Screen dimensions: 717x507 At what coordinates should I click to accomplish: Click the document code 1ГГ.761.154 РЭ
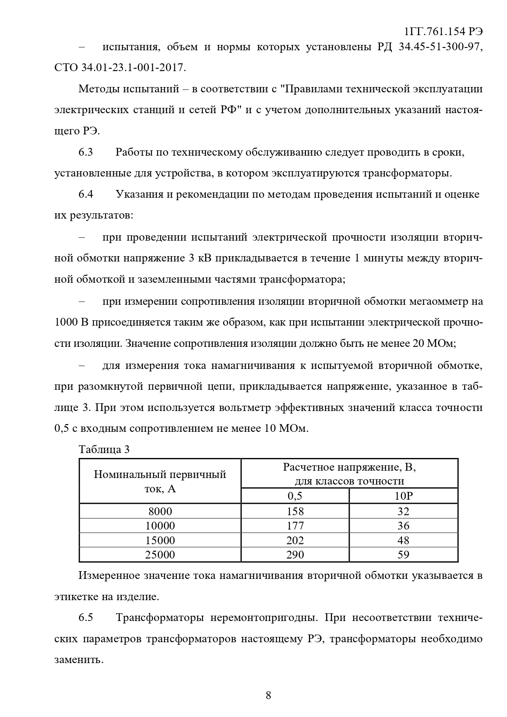(443, 32)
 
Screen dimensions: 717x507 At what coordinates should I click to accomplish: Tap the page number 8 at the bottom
(268, 695)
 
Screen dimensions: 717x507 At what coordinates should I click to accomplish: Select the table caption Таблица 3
(104, 449)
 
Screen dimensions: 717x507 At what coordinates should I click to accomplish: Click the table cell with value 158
(295, 512)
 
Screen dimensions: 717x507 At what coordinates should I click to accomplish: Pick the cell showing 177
(295, 526)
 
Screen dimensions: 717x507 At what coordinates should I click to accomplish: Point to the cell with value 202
(295, 541)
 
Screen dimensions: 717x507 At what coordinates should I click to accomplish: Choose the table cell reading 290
(295, 555)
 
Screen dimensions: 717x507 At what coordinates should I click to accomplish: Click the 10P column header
(403, 496)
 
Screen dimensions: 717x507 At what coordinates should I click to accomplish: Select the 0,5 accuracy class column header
(295, 496)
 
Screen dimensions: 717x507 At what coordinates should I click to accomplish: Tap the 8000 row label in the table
(160, 512)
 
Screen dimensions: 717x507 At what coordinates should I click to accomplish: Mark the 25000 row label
(160, 555)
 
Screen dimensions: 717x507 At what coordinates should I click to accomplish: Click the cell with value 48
(403, 541)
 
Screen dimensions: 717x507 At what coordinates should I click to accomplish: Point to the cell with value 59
(403, 555)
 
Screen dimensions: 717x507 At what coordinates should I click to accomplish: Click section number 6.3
(86, 152)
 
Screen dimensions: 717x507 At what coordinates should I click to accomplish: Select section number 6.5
(86, 617)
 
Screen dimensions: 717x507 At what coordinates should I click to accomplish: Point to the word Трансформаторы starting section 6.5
(160, 617)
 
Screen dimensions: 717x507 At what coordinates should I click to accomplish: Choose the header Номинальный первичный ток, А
(160, 481)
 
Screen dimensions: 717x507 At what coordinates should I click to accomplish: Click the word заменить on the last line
(78, 659)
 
